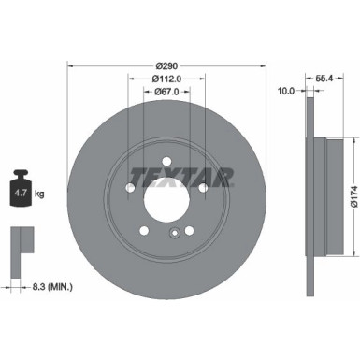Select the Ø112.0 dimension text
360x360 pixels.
(167, 79)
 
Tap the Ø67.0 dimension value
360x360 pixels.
(167, 92)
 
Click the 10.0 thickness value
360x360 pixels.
(286, 92)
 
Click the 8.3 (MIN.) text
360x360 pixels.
(49, 285)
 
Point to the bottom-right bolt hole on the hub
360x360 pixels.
(190, 232)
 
